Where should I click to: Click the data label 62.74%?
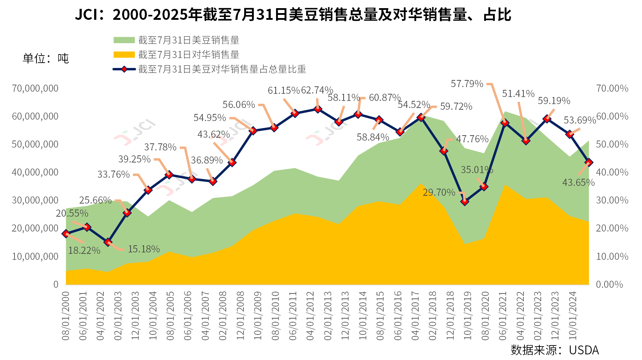pos(317,90)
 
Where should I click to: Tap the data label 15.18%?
pos(144,249)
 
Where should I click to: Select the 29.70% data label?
pos(439,193)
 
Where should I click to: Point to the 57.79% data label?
pos(467,84)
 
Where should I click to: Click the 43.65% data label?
pos(578,183)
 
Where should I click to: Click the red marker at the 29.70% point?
pos(465,201)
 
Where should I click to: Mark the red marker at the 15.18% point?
pos(108,242)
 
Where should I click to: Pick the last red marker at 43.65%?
pos(589,162)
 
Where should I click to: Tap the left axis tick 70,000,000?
pos(35,88)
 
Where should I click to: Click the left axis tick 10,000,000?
pos(35,256)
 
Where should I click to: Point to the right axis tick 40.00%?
pos(612,172)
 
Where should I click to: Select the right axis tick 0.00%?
pos(609,284)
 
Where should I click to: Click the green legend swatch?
pos(124,40)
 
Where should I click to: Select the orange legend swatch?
pos(124,55)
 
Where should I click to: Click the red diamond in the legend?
pos(124,69)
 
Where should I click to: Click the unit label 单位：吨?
pos(46,58)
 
